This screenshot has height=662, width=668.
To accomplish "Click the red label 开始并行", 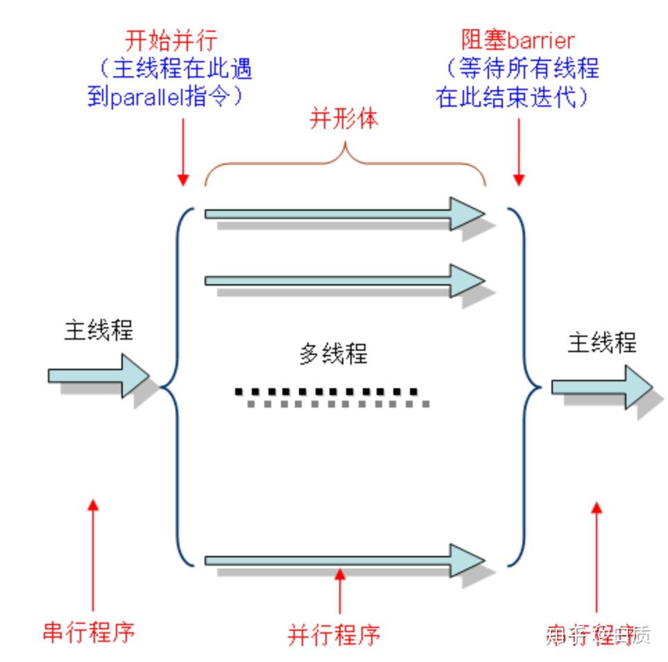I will point(171,38).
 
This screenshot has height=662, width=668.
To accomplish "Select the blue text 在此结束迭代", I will point(506,97).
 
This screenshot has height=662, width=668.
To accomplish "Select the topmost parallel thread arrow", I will point(343,214).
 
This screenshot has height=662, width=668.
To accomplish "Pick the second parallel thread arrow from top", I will point(343,280).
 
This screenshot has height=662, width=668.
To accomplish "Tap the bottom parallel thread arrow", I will point(343,560).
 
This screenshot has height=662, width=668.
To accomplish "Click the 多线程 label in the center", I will point(333,354).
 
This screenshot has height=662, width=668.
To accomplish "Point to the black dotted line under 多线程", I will point(326,392).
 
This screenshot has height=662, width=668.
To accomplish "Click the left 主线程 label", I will point(99,330).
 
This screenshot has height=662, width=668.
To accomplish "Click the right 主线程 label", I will point(601,342).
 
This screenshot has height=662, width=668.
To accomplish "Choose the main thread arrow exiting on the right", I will point(601,386).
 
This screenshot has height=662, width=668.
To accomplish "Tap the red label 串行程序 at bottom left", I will point(88,632).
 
